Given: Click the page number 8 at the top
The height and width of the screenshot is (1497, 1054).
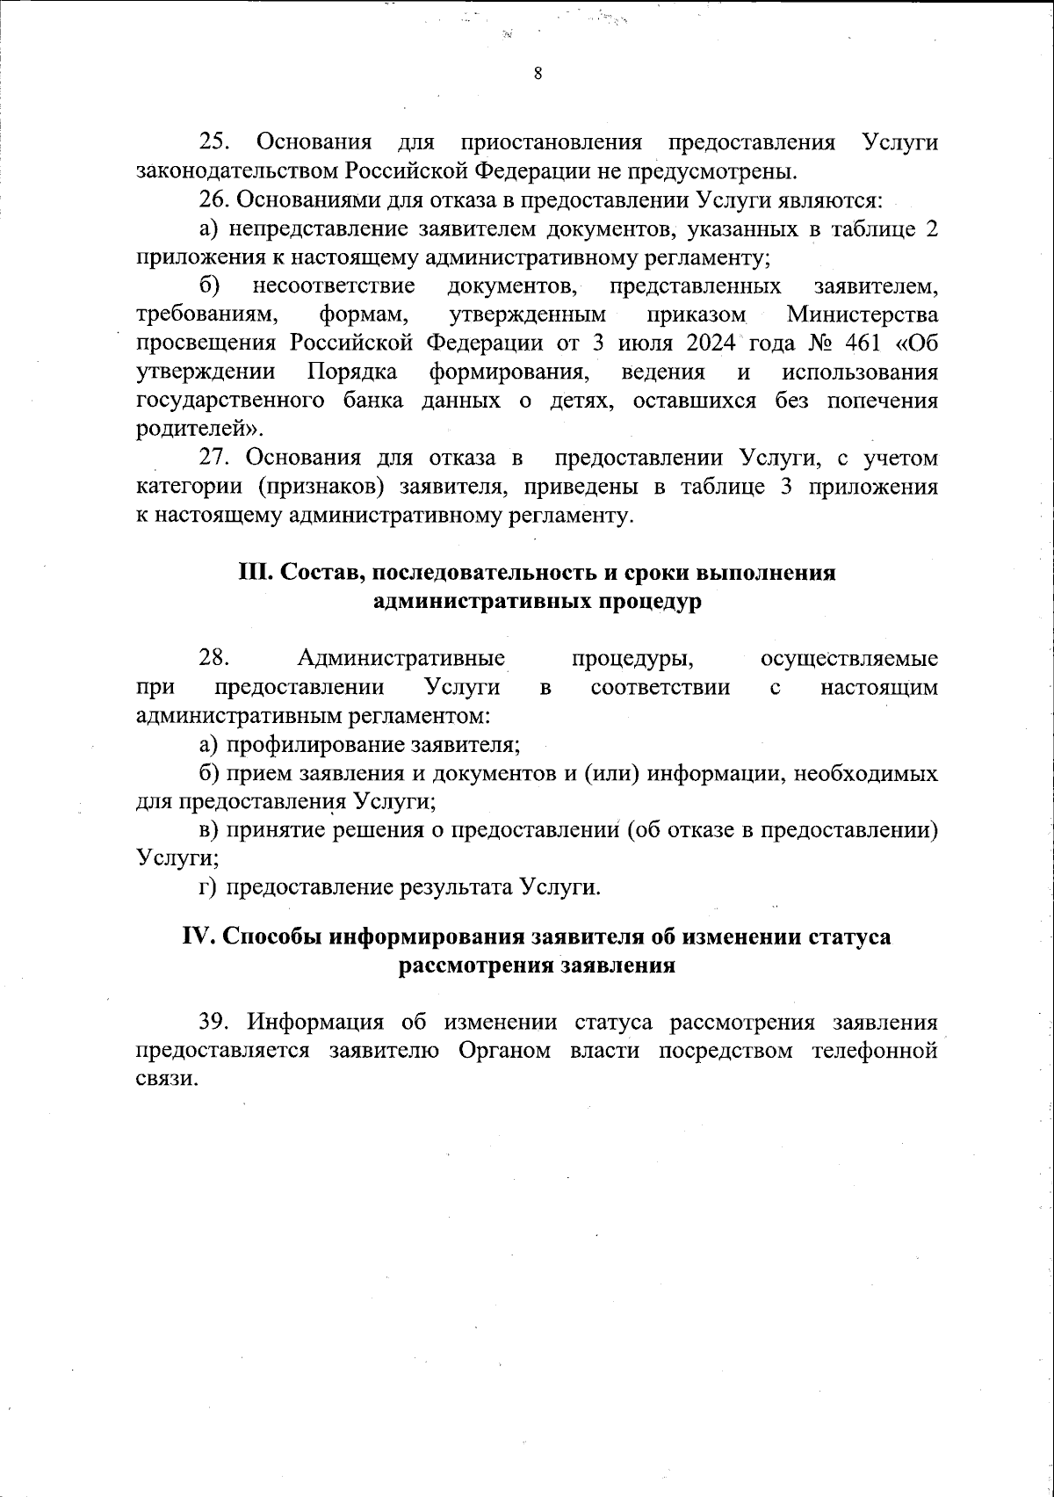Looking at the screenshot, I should click(x=538, y=74).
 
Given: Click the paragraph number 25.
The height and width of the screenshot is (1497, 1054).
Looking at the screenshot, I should click(x=213, y=141).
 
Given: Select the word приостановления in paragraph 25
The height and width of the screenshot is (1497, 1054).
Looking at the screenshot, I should click(x=551, y=141).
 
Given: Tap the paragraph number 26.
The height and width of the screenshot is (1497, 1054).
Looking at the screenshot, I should click(x=213, y=199).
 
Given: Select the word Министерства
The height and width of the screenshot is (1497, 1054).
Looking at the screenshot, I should click(x=862, y=315).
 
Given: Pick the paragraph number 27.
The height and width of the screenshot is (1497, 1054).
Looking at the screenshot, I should click(x=213, y=458).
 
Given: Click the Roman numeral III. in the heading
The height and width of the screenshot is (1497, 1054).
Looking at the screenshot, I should click(x=256, y=573).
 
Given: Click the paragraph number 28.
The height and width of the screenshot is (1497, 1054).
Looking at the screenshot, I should click(x=213, y=658).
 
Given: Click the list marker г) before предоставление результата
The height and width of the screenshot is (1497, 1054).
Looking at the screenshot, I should click(x=207, y=887).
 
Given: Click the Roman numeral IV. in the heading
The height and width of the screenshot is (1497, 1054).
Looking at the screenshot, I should click(x=198, y=937).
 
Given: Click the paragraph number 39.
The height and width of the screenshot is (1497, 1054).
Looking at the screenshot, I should click(x=213, y=1023).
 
